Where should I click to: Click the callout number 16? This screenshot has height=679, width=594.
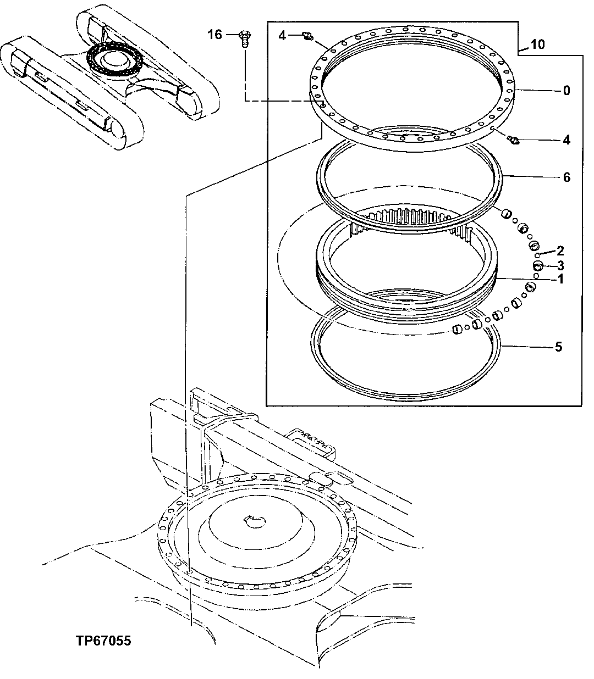[x=215, y=35]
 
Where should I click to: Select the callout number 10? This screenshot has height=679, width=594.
[x=538, y=44]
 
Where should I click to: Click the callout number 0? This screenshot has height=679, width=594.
[x=566, y=90]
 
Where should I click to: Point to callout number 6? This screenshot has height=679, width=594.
[x=566, y=177]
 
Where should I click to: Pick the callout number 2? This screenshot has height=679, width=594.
[x=560, y=252]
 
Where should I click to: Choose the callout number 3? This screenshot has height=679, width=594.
[x=560, y=265]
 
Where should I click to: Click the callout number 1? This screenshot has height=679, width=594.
[x=560, y=279]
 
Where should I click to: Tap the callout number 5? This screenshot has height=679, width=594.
[x=558, y=347]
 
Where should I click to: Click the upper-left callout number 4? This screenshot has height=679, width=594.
[x=282, y=36]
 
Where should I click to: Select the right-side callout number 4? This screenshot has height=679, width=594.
[x=566, y=140]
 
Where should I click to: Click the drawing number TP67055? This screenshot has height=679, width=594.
[x=104, y=641]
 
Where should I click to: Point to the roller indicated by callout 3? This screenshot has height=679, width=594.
[x=538, y=266]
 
